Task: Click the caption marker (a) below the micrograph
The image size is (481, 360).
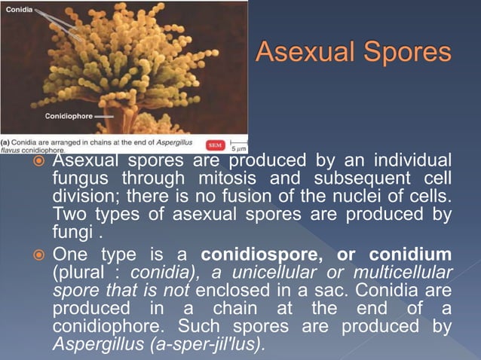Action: click(5, 141)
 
